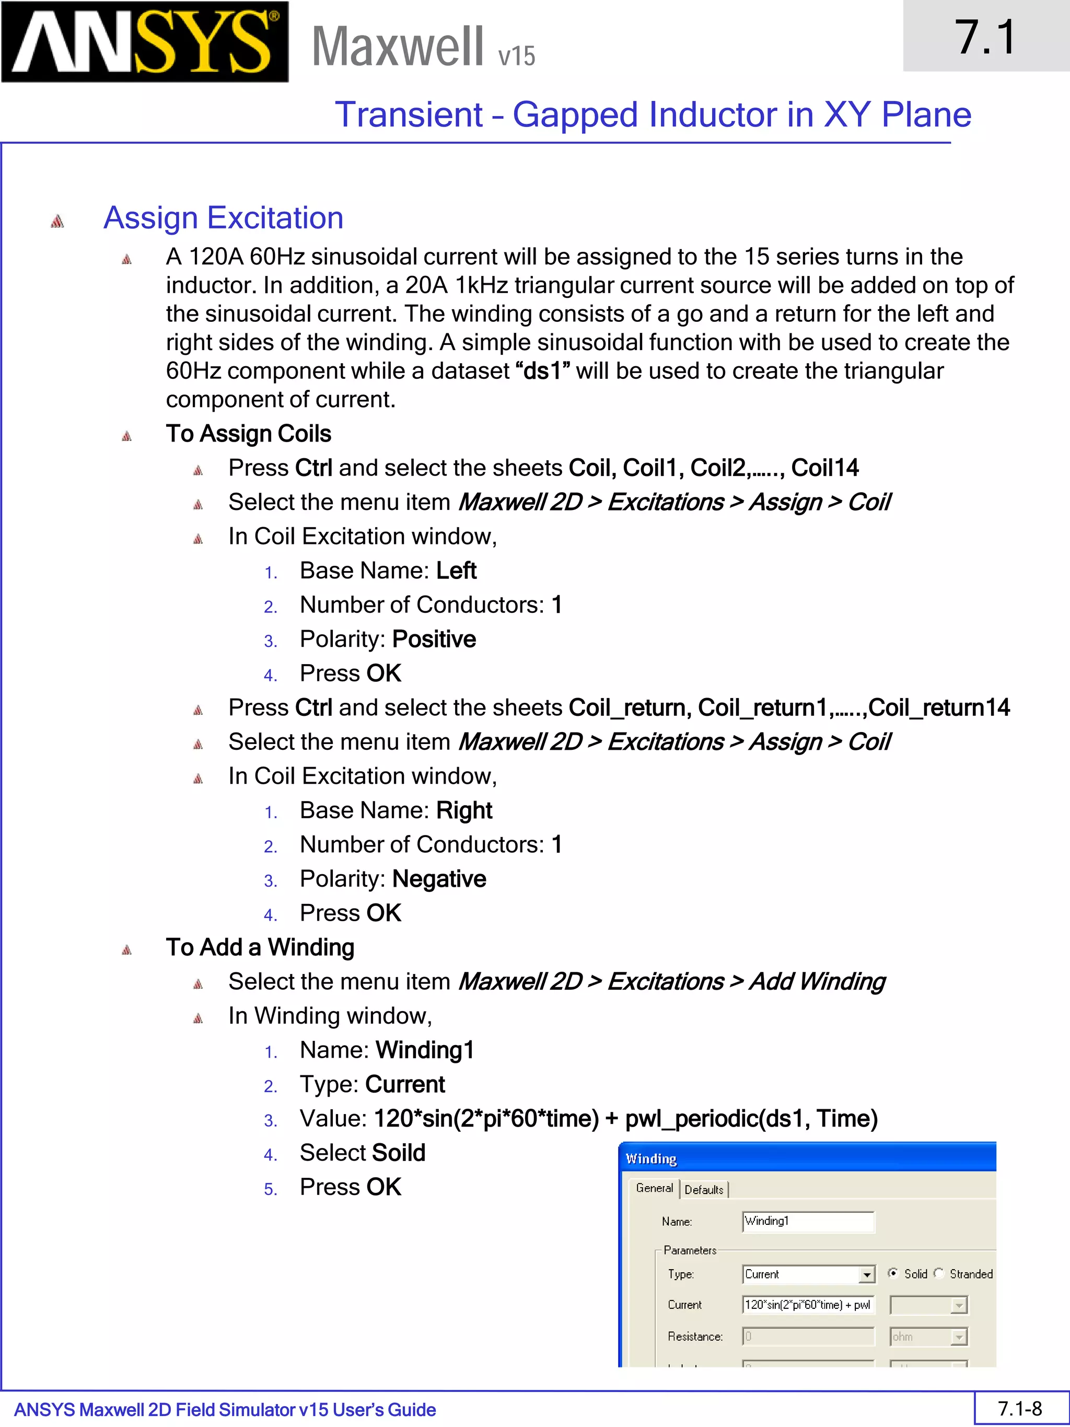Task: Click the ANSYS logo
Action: coord(145,42)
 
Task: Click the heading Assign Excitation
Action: coord(223,218)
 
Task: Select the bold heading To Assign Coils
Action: coord(248,434)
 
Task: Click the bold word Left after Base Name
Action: coord(456,570)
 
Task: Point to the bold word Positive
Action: coord(434,639)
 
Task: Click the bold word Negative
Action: coord(438,879)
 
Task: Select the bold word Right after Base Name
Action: coord(464,810)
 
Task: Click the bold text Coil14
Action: coord(824,468)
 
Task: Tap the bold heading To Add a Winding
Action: coord(260,947)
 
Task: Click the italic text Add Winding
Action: coord(817,981)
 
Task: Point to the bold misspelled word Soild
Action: coord(399,1153)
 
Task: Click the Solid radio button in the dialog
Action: coord(893,1273)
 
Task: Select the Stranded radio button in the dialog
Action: coord(939,1273)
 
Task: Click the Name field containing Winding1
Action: coord(808,1221)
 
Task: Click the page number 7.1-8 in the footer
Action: coord(1020,1408)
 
